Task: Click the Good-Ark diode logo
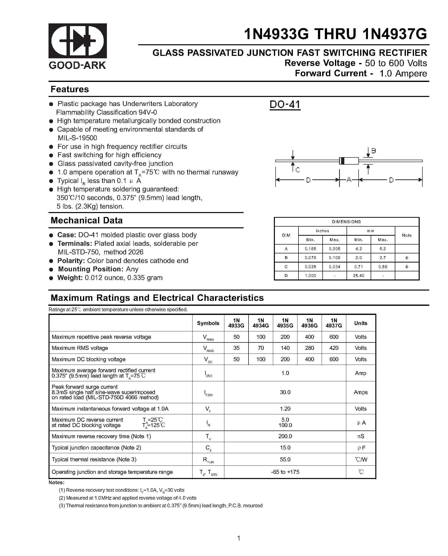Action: [78, 41]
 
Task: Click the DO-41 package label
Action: [285, 105]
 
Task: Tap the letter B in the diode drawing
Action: [373, 151]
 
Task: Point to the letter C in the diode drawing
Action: [298, 170]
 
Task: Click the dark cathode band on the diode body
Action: [342, 161]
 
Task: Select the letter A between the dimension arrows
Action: [349, 180]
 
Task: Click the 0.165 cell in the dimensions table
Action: [310, 249]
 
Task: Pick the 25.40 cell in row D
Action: [358, 276]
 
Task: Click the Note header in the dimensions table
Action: [407, 235]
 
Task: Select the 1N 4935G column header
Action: [285, 323]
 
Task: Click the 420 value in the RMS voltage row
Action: [334, 348]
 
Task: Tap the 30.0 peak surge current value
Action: [285, 392]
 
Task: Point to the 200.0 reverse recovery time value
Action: [285, 436]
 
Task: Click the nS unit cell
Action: [361, 436]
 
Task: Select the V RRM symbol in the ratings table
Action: [208, 337]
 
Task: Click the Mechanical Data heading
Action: [86, 220]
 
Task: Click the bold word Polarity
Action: [71, 261]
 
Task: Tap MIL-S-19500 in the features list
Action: [78, 138]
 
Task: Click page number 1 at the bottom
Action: [239, 538]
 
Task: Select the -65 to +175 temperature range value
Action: [285, 472]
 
